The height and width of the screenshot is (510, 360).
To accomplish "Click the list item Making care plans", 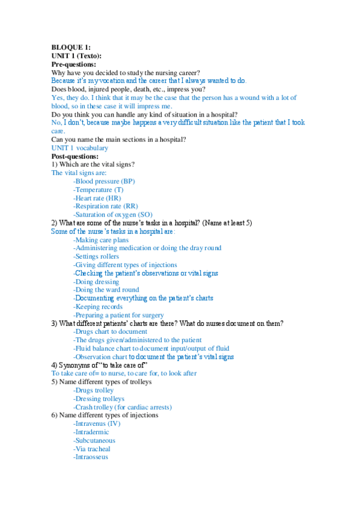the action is pyautogui.click(x=100, y=240).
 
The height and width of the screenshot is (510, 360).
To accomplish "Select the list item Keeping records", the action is pyautogui.click(x=99, y=307).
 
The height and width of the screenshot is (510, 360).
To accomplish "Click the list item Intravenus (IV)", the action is pyautogui.click(x=96, y=423).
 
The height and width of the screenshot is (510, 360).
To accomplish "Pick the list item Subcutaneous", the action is pyautogui.click(x=94, y=440).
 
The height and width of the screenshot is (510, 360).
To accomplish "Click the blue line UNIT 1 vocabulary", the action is pyautogui.click(x=80, y=148).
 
